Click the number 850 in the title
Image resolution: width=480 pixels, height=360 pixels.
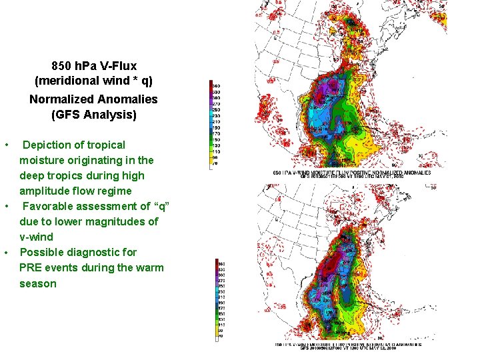click(x=62, y=66)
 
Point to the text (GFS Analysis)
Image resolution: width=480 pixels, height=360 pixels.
click(x=94, y=115)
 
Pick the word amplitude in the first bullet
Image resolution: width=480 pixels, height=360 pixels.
click(x=43, y=191)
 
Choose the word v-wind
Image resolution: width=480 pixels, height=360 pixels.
click(x=36, y=237)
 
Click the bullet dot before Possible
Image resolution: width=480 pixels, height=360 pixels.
click(x=7, y=253)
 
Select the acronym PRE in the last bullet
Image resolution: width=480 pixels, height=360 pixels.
click(x=31, y=268)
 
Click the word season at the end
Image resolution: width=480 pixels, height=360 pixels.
click(x=38, y=283)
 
